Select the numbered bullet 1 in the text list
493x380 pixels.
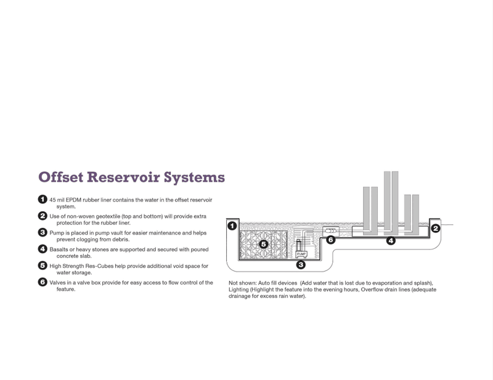42,199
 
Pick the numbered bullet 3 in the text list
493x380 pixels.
42,232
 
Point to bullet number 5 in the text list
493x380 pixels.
42,265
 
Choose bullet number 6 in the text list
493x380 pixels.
42,282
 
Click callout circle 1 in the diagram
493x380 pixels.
232,226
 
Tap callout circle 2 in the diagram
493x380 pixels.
435,228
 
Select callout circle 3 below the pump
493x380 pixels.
301,265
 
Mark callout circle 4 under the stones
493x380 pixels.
391,241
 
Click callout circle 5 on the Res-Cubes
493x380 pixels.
263,245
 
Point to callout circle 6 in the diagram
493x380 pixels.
330,240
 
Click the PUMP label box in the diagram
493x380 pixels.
301,253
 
